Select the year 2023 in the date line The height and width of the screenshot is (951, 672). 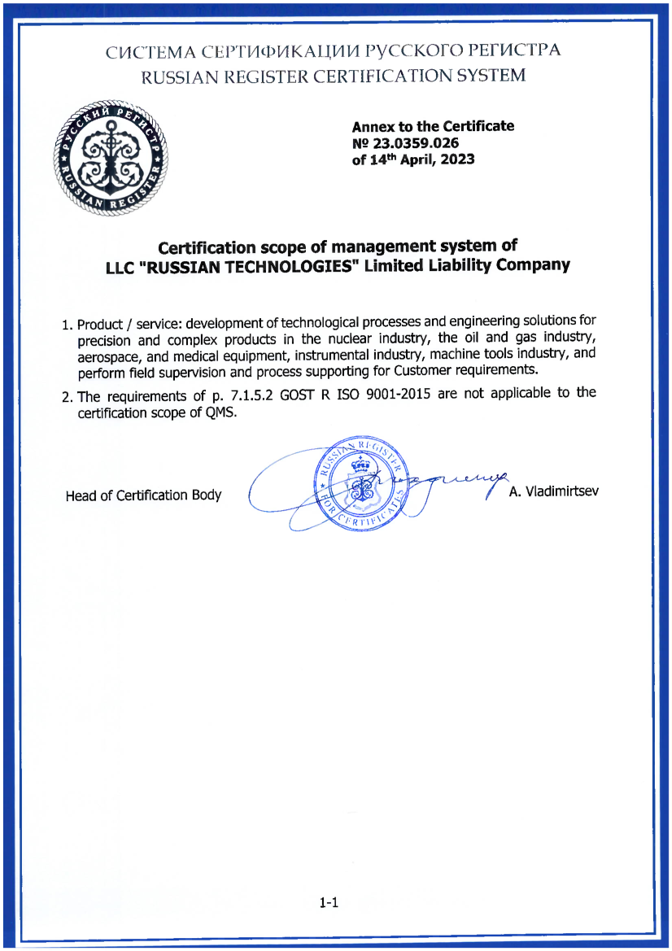click(x=457, y=160)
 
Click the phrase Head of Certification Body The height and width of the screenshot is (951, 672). click(x=143, y=495)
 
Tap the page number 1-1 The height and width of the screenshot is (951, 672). click(x=329, y=902)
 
